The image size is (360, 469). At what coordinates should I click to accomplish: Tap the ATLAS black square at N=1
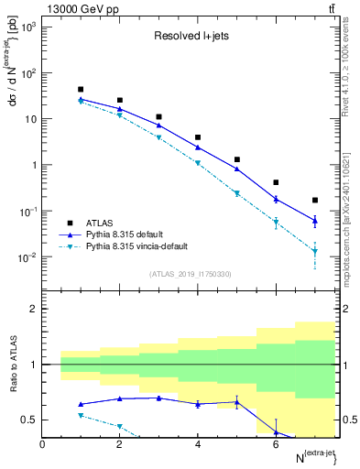tap(82, 90)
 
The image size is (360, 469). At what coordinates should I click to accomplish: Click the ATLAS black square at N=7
tap(315, 200)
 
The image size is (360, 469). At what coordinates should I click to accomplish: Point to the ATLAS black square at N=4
tap(198, 137)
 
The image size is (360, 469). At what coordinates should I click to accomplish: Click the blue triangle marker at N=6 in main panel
tap(276, 199)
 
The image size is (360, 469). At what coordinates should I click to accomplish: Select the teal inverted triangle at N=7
tap(315, 251)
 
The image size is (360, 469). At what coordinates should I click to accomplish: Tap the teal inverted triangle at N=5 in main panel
tap(237, 193)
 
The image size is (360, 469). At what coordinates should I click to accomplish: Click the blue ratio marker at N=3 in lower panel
tap(159, 398)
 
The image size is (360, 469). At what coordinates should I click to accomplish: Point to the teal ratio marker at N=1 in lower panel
tap(82, 415)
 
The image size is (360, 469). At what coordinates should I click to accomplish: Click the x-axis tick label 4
tap(198, 445)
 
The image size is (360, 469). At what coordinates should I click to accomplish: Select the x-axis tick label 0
tap(43, 445)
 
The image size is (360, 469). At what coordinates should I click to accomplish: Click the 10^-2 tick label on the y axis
tap(27, 257)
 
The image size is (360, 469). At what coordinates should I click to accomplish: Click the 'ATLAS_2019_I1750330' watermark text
tap(191, 274)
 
